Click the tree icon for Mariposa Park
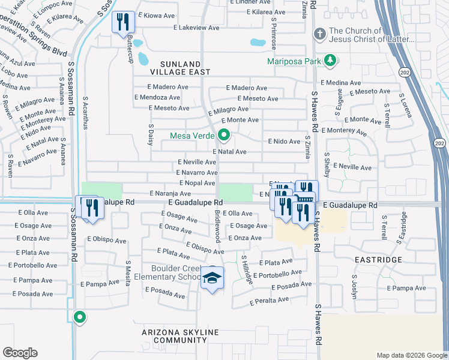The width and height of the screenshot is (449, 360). (x=330, y=60)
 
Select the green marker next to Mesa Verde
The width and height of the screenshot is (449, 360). (x=224, y=135)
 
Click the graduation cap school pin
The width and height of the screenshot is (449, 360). (x=211, y=278)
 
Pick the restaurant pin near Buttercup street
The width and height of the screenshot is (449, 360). (x=122, y=22)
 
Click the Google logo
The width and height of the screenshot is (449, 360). (x=20, y=353)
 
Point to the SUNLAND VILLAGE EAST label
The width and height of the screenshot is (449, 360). (x=184, y=67)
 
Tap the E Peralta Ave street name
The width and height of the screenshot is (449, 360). (x=270, y=301)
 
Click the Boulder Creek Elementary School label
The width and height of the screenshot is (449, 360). (x=169, y=272)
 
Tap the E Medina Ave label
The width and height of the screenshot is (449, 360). (x=341, y=83)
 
